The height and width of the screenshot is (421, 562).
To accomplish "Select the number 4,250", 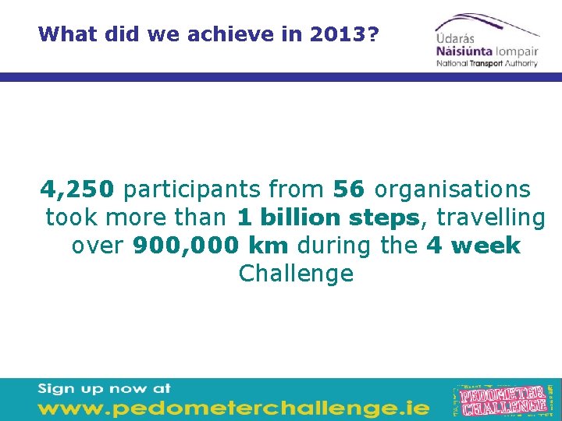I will (78, 189).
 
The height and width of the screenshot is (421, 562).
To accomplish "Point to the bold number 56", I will (349, 189).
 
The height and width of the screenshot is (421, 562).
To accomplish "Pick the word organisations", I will (453, 189).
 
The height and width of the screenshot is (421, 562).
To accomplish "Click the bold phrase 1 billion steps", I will (329, 218).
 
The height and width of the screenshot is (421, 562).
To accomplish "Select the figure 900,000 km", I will (210, 246).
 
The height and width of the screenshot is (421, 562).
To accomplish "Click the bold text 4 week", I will (474, 246).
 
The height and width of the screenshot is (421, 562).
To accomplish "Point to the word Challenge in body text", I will (296, 274).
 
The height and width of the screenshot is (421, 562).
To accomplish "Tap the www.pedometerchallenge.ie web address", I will (233, 407).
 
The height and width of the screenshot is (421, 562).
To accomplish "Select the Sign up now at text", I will (104, 388).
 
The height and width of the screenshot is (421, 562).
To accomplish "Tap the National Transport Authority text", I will (487, 63).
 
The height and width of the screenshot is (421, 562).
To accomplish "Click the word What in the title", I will (65, 34).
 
